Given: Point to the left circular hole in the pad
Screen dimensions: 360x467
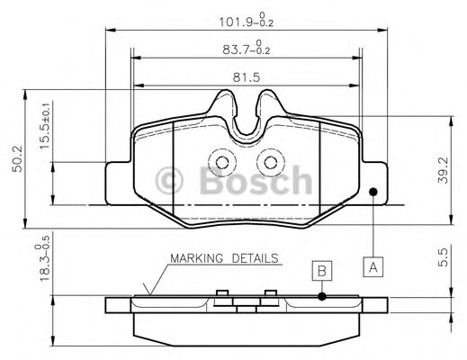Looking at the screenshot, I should (220, 162).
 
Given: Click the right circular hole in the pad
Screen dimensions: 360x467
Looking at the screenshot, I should (266, 162).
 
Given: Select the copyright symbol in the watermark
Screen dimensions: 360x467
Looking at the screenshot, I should (171, 182).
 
